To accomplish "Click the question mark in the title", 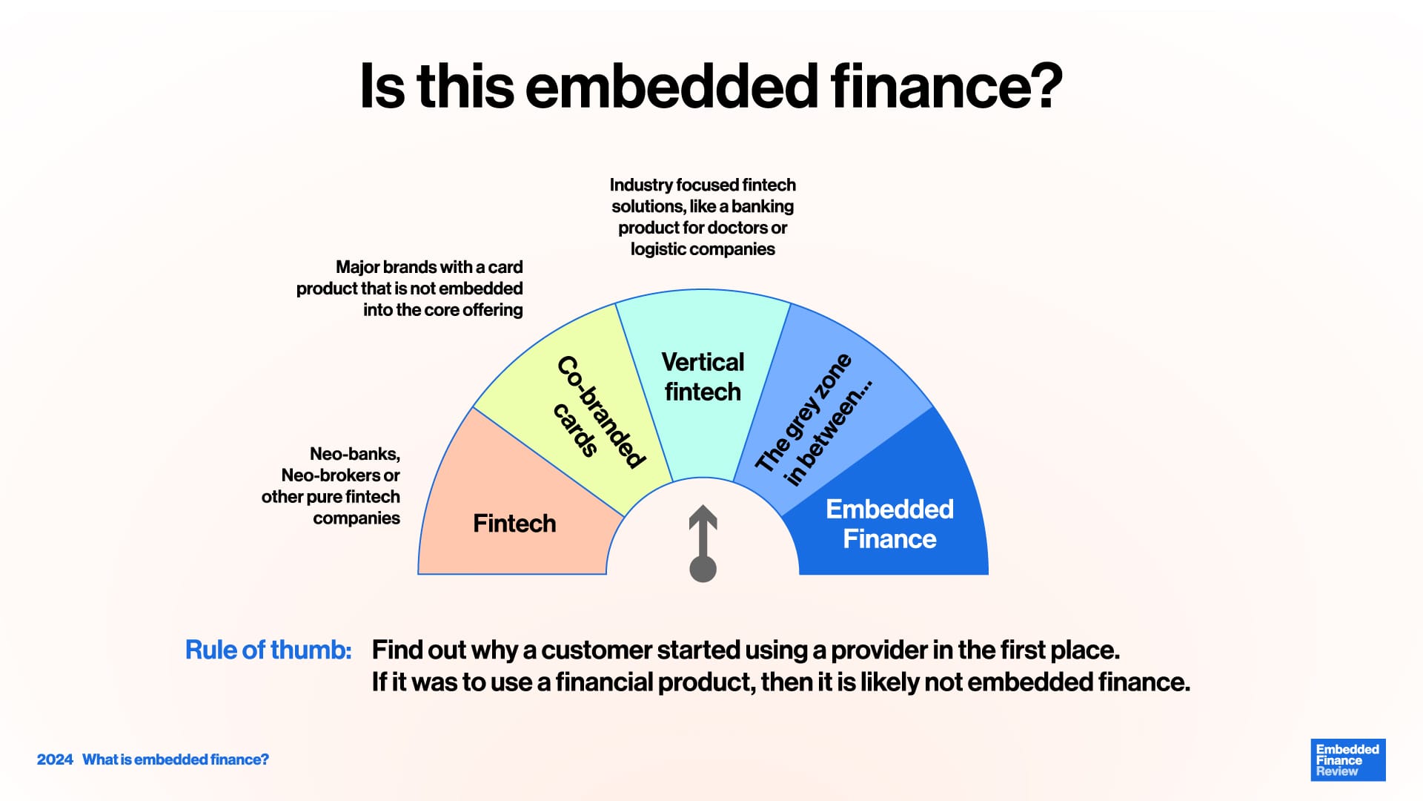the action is (1042, 85).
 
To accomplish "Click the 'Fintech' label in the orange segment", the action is (514, 523).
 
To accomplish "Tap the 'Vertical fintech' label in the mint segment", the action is (703, 377).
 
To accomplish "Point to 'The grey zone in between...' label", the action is (814, 420).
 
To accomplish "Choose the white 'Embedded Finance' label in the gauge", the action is (889, 524).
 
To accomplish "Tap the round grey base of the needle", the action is (703, 569).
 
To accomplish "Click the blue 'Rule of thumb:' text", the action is (268, 650).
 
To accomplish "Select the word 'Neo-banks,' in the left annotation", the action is (355, 454).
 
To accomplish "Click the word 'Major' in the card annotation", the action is (357, 267).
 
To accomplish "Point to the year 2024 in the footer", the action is (55, 759).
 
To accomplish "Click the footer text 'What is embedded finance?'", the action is (176, 759).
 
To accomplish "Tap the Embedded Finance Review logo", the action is (1348, 759).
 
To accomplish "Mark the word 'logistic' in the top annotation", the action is (658, 250).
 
